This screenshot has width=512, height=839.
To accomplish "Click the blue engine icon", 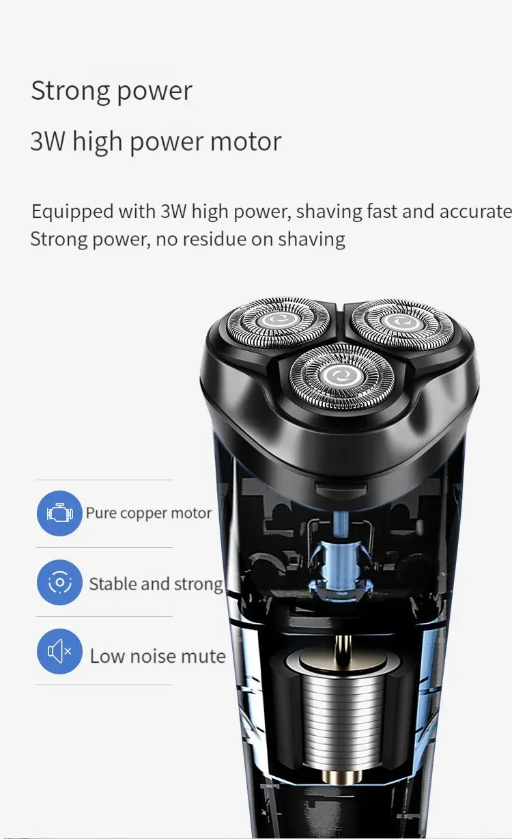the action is click(59, 513).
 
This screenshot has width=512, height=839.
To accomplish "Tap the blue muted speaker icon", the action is click(59, 651).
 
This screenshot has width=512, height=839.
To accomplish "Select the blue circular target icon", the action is click(59, 582).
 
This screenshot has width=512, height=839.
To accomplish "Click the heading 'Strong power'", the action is click(111, 91).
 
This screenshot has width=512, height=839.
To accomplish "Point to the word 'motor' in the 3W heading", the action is click(246, 141).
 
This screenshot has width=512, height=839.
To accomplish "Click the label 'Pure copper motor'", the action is click(149, 513).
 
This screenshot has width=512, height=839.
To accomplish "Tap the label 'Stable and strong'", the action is click(156, 584).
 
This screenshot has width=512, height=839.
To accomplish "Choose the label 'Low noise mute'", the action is click(158, 656).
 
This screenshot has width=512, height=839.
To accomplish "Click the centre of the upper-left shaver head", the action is click(279, 320).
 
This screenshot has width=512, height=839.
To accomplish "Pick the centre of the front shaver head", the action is click(342, 376).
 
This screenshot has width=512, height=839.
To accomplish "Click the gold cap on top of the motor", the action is click(342, 662).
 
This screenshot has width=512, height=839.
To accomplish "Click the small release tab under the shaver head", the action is click(341, 489).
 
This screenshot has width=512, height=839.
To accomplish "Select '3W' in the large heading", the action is click(48, 141).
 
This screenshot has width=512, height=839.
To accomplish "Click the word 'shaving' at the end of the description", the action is click(311, 239).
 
